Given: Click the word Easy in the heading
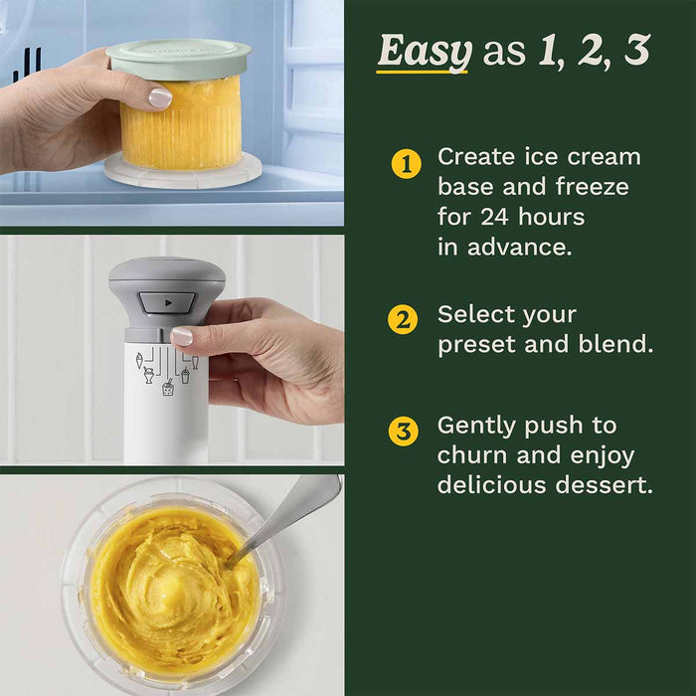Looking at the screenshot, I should (422, 52).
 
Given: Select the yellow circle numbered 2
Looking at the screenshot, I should (402, 320).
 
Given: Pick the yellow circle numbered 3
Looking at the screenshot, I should (403, 432).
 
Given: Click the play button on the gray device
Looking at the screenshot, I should (167, 301).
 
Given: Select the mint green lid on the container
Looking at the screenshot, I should (178, 59).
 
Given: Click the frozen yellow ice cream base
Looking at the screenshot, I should (182, 124).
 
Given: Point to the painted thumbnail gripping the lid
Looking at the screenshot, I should (159, 97).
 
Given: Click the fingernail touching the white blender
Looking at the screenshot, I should (181, 337).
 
